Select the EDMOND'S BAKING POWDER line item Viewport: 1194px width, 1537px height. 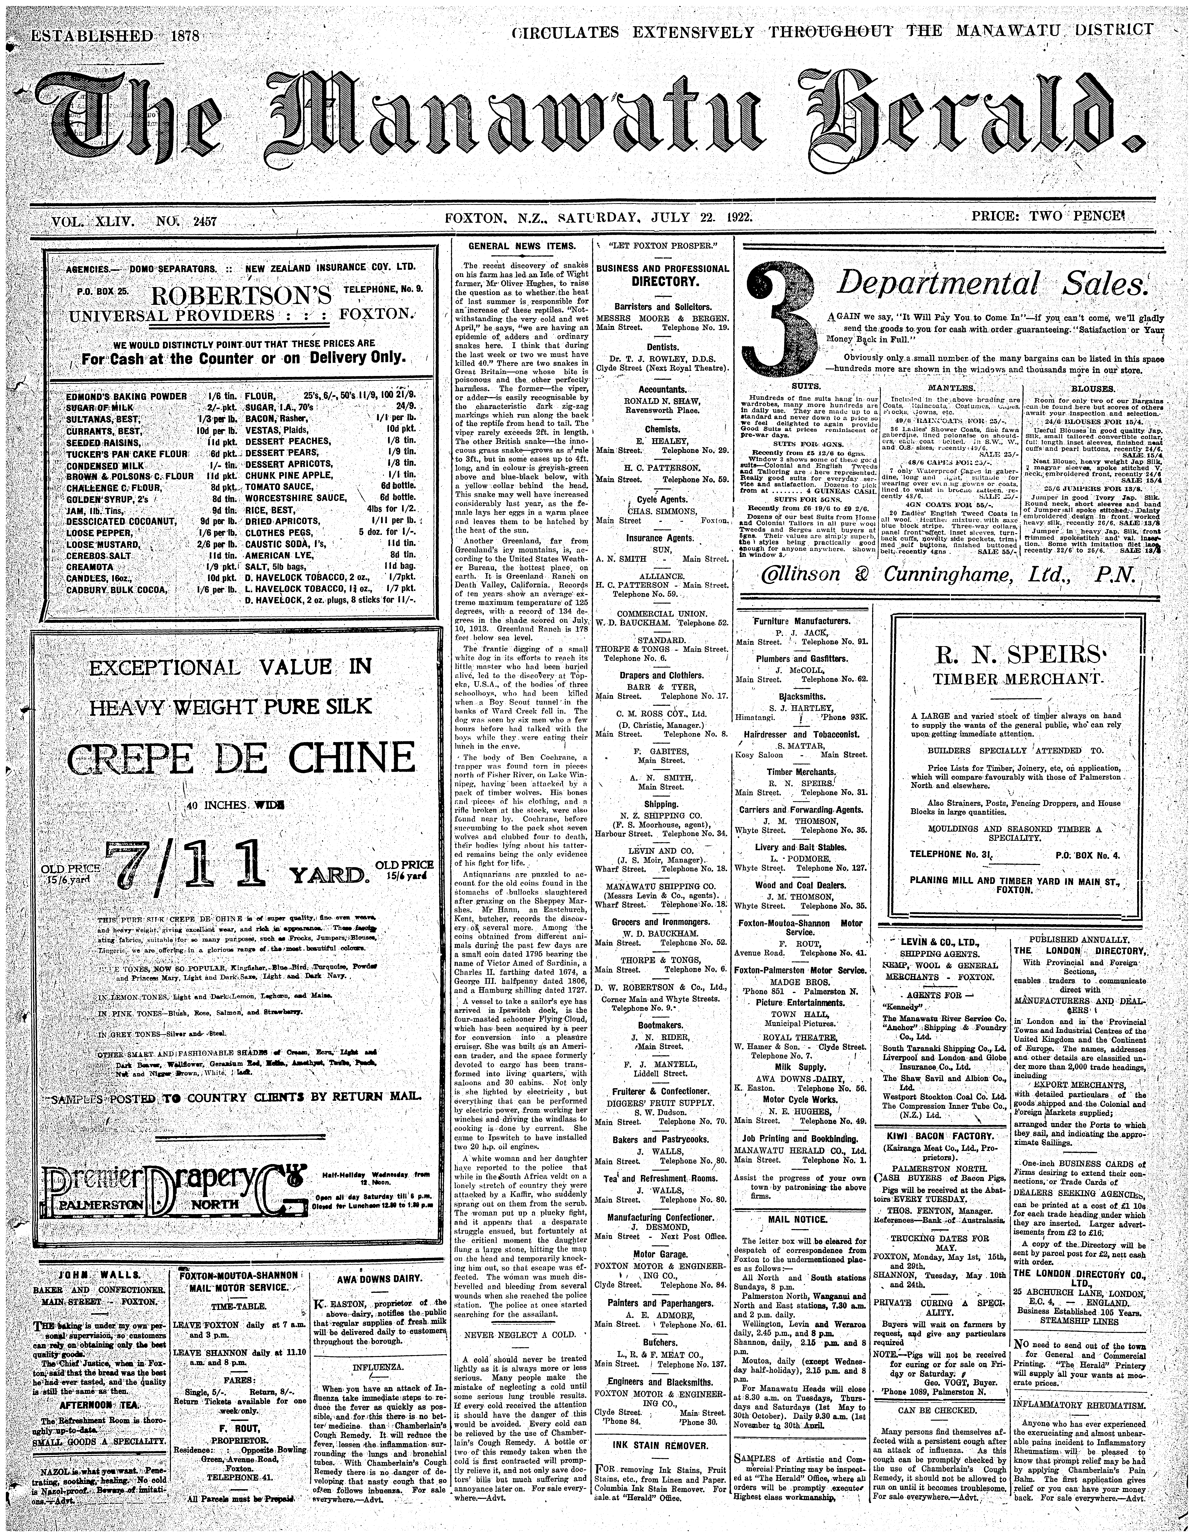[x=127, y=396]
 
